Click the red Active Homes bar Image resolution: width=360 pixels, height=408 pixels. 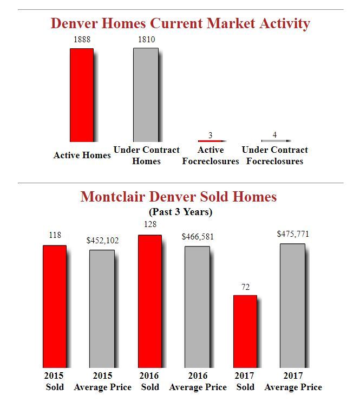tap(81, 95)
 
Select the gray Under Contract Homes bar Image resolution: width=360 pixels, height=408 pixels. tap(146, 95)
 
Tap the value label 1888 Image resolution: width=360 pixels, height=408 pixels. tap(82, 40)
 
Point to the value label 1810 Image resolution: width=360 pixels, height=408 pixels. tap(146, 40)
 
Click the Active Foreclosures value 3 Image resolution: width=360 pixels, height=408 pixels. tap(211, 135)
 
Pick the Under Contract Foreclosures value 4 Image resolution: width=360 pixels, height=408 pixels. tap(274, 134)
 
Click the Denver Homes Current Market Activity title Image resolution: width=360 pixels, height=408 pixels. tap(180, 24)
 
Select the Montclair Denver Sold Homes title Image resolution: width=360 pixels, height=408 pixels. tap(179, 196)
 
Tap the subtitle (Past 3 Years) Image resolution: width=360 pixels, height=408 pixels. tap(180, 212)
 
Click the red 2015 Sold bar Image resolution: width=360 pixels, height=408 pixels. tap(54, 306)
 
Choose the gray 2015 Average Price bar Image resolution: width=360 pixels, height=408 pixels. tap(102, 308)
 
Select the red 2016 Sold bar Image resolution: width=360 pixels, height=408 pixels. tap(149, 301)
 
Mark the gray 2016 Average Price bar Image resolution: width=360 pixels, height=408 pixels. tap(197, 307)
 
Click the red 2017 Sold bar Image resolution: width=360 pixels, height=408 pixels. tap(245, 331)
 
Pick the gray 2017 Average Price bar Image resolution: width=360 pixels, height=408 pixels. tap(292, 306)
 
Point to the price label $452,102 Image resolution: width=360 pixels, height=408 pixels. tap(102, 241)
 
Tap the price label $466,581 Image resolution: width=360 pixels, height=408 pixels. tap(198, 237)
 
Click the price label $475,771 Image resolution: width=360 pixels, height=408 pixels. tap(293, 234)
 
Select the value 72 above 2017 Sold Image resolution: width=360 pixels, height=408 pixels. tap(245, 287)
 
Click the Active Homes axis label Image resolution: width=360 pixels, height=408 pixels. tap(82, 156)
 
